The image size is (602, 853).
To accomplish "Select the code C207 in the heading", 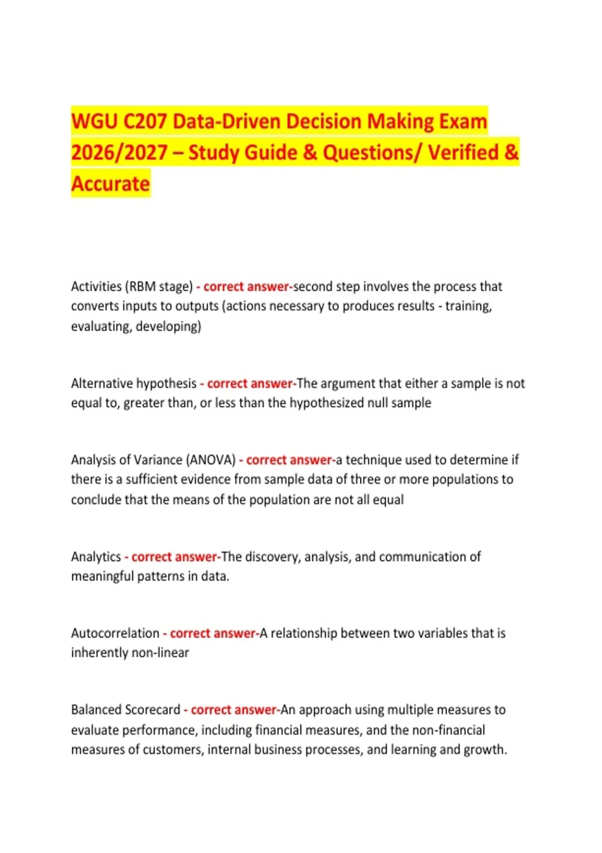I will click(145, 122).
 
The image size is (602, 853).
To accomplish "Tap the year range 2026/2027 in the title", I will click(119, 153).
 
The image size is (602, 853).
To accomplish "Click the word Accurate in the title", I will click(110, 184).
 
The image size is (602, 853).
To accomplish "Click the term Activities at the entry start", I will click(96, 287).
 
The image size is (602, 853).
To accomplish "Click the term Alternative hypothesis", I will click(133, 383).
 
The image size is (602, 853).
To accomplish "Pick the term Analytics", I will click(96, 556).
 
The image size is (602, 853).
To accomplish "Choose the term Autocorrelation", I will click(115, 633).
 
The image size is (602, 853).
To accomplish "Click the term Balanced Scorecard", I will click(125, 710).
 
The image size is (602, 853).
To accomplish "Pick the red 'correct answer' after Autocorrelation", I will click(213, 633).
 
